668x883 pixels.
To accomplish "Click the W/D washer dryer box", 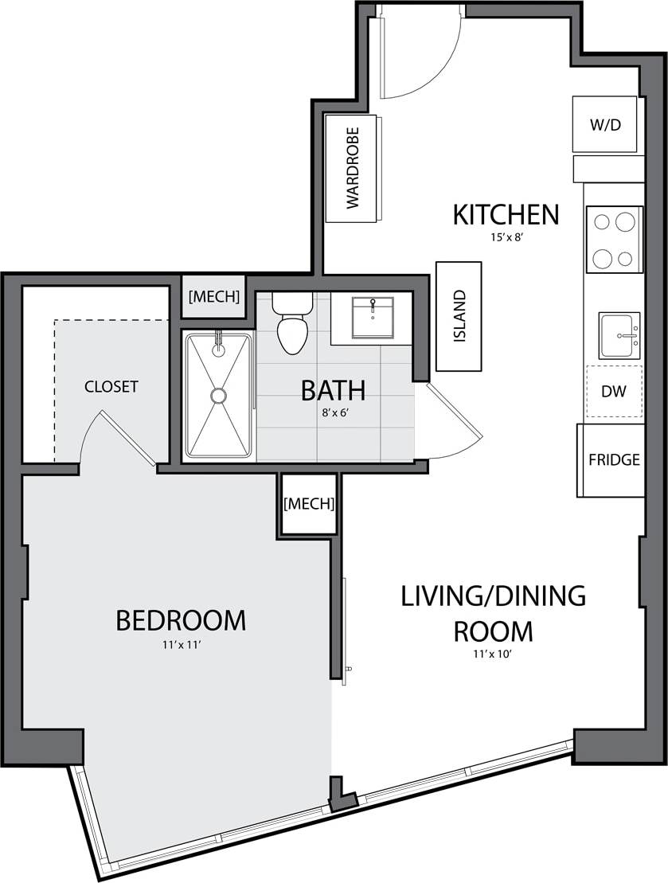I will click(605, 124).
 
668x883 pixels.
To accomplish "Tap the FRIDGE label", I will click(614, 460).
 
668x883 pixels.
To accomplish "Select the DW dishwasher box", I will click(614, 392).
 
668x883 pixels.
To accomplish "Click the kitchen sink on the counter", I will click(619, 335).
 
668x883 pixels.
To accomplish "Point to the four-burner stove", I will click(614, 239).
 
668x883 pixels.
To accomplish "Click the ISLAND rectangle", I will click(459, 316).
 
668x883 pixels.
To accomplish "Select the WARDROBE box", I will click(352, 168).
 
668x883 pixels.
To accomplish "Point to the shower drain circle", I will click(218, 395).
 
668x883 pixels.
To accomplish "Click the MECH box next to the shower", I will click(213, 297).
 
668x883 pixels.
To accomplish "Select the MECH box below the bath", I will click(308, 504).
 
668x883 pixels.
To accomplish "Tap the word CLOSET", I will click(111, 387).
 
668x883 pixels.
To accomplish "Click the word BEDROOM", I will click(181, 619).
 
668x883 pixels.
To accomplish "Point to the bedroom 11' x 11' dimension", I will click(181, 645).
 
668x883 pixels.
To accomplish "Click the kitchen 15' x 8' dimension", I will click(506, 237).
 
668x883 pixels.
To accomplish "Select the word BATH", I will click(333, 391).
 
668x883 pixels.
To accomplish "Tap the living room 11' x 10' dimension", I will click(493, 657).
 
